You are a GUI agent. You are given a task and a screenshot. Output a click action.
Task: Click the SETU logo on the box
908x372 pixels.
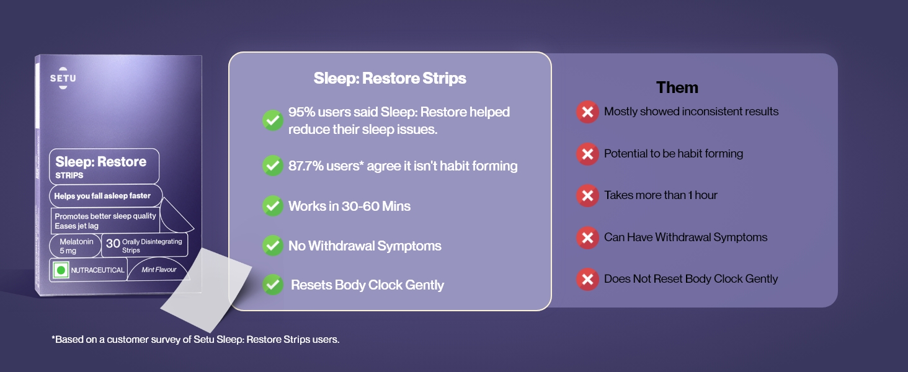tap(63, 77)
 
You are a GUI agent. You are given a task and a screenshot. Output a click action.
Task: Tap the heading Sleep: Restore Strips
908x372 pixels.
tap(389, 78)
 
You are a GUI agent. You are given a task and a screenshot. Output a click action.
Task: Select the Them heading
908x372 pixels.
tap(677, 87)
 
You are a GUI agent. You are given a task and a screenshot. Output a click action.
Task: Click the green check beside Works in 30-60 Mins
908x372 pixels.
tap(273, 206)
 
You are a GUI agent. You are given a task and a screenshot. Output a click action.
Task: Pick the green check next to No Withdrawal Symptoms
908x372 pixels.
tap(273, 246)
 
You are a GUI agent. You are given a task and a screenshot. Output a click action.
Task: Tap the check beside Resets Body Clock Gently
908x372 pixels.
tap(273, 285)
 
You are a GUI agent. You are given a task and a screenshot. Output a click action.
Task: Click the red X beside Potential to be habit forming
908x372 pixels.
tap(587, 154)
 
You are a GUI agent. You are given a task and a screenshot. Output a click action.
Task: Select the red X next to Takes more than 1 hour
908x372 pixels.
tap(587, 196)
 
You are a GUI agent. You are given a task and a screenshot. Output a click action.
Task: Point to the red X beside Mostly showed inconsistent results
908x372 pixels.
tap(587, 112)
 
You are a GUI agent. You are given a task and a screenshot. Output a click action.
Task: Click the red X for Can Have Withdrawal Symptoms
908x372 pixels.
tap(587, 237)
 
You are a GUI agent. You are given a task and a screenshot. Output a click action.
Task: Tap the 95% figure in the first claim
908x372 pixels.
tap(301, 112)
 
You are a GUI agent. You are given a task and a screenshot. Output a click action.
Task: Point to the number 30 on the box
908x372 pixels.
tap(113, 243)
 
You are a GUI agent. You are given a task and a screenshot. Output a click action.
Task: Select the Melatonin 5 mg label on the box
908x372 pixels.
tap(76, 246)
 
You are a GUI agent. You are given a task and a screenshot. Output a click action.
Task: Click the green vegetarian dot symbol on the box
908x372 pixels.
tap(61, 270)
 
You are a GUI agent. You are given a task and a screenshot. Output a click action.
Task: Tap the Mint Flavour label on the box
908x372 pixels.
tap(159, 270)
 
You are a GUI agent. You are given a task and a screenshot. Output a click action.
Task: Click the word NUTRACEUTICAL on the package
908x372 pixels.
tap(98, 270)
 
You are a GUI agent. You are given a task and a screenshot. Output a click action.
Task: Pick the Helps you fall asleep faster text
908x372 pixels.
tap(102, 196)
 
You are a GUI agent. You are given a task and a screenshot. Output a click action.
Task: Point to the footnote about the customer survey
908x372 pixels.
tap(195, 339)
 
